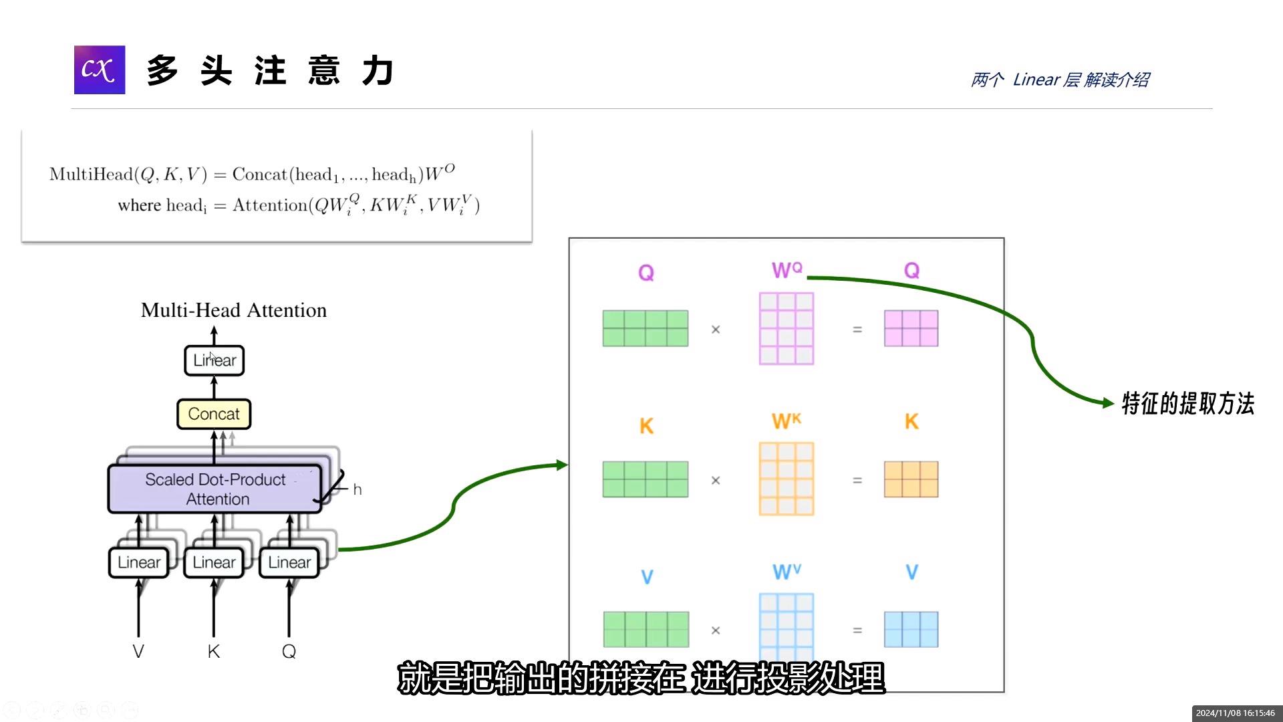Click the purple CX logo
pos(100,70)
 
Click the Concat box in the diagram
pos(214,414)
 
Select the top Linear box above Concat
pos(215,360)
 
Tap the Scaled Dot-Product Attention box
pos(215,489)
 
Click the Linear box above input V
pos(139,562)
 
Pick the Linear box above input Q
pos(289,562)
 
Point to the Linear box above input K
pos(214,562)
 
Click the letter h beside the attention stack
pos(358,490)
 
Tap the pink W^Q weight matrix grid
pos(787,328)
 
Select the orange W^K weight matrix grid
pos(787,479)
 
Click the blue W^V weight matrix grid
pos(787,625)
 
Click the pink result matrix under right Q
pos(911,328)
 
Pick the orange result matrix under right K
pos(911,479)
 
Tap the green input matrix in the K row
pos(646,479)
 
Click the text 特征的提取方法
pos(1187,404)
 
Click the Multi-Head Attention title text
pos(234,310)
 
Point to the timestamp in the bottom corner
pos(1235,713)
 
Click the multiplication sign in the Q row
pos(716,330)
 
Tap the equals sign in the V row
pos(857,630)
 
